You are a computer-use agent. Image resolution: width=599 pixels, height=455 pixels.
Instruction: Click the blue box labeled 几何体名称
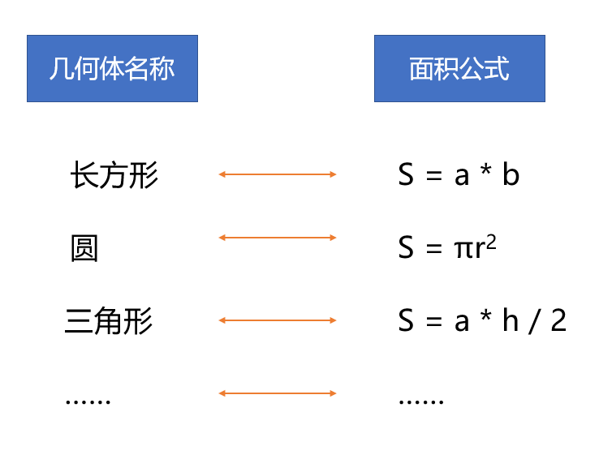coord(112,68)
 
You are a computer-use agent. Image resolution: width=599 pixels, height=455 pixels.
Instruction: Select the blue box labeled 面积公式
coord(459,68)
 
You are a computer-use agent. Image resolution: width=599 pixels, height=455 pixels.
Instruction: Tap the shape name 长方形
coord(114,175)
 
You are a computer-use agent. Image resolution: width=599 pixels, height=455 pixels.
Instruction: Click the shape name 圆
coord(84,248)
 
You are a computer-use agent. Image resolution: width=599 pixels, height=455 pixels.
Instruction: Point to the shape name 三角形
coord(109,321)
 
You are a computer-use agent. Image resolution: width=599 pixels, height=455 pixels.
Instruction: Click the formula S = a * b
coord(459,174)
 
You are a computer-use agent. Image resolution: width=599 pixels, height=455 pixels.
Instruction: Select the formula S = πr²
coord(447,247)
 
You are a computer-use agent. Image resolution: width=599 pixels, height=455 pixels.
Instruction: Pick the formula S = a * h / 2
coord(482,320)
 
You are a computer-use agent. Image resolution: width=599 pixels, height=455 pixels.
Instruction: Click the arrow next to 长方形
coord(278,174)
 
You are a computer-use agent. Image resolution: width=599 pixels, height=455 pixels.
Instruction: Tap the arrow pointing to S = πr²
coord(278,238)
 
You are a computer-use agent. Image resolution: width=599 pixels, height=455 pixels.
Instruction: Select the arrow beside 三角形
coord(278,320)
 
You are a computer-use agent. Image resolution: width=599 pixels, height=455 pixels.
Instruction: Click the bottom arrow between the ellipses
coord(278,393)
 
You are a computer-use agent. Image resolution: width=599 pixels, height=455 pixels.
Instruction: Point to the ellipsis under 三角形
coord(88,401)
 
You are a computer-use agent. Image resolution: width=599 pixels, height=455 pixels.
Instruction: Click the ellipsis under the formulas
coord(421,401)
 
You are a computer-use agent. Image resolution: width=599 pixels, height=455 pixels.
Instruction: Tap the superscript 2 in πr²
coord(491,242)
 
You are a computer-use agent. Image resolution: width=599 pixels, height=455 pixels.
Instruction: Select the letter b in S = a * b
coord(511,174)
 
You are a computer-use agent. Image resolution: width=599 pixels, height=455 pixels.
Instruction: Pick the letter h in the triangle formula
coord(511,320)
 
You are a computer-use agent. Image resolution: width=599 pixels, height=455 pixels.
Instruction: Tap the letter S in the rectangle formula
coord(406,174)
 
